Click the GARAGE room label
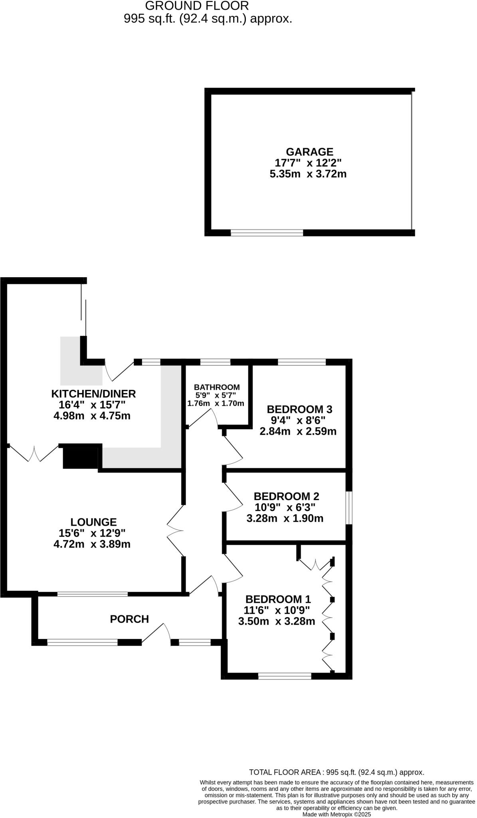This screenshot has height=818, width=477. [x=309, y=152]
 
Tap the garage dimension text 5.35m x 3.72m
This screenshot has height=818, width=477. [x=308, y=174]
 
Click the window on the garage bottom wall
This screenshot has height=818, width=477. [x=267, y=232]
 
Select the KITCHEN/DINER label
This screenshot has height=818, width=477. [x=93, y=394]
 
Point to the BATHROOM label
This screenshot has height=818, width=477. [x=217, y=387]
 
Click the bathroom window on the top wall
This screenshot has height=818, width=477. [x=215, y=362]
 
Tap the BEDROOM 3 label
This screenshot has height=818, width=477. [x=299, y=409]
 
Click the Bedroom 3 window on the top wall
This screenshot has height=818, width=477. [x=302, y=362]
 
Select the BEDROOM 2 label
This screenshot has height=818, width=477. [x=286, y=496]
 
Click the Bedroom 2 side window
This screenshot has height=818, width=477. [x=349, y=508]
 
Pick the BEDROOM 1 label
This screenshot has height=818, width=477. [x=278, y=599]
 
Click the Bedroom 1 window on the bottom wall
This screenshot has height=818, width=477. [x=285, y=676]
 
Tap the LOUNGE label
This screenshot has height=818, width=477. [x=93, y=522]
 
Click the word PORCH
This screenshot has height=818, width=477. [x=129, y=619]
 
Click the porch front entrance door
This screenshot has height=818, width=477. [x=156, y=633]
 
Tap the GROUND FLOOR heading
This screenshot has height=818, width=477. [x=197, y=6]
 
